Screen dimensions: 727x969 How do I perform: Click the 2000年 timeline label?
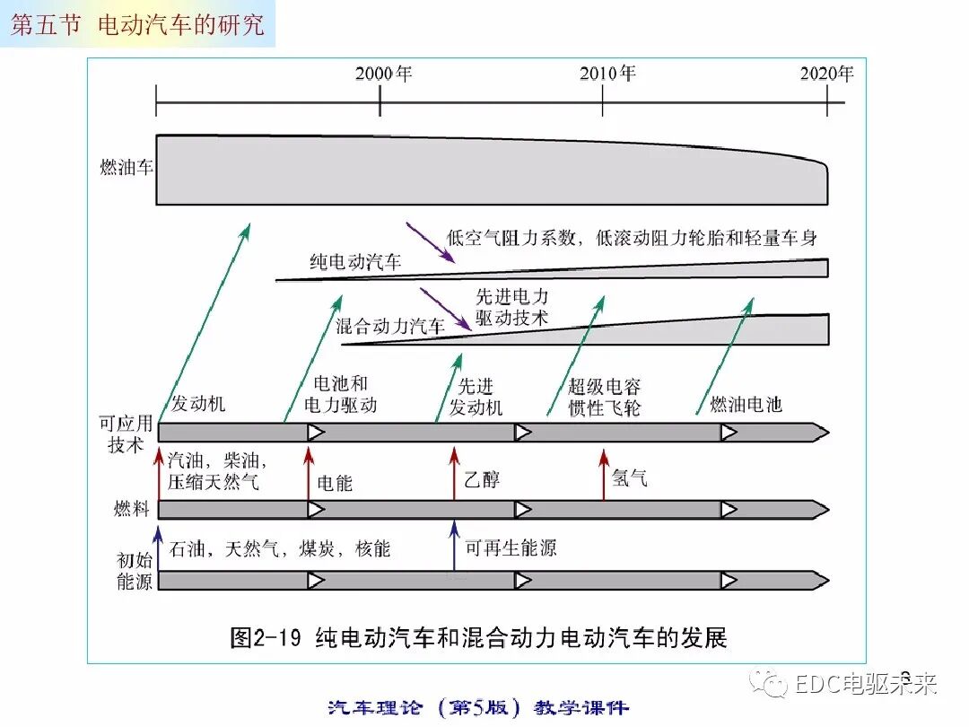click(383, 74)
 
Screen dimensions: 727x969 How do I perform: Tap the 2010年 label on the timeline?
click(607, 74)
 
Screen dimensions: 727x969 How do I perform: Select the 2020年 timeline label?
click(826, 74)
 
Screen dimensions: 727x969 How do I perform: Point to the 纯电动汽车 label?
click(355, 262)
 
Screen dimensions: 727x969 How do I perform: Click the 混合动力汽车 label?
click(390, 326)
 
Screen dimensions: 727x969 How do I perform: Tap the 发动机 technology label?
click(198, 404)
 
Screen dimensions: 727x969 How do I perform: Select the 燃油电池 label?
click(746, 404)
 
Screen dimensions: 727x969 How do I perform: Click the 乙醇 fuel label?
click(482, 479)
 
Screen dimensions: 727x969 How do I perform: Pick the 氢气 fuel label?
click(629, 479)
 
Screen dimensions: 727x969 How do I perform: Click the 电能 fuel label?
click(335, 483)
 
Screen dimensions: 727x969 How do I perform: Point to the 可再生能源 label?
click(511, 547)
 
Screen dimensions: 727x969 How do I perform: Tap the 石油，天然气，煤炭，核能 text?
click(280, 548)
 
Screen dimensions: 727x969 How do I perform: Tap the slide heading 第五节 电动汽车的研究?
click(137, 24)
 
